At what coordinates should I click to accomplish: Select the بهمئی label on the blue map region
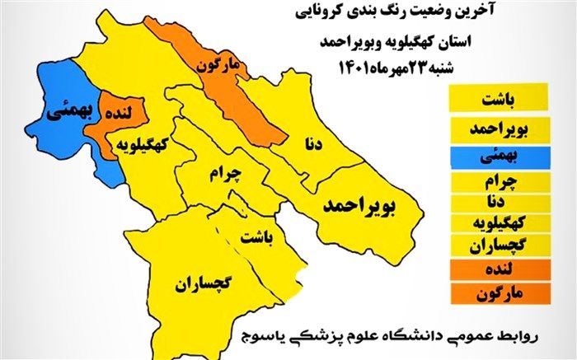63,107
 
